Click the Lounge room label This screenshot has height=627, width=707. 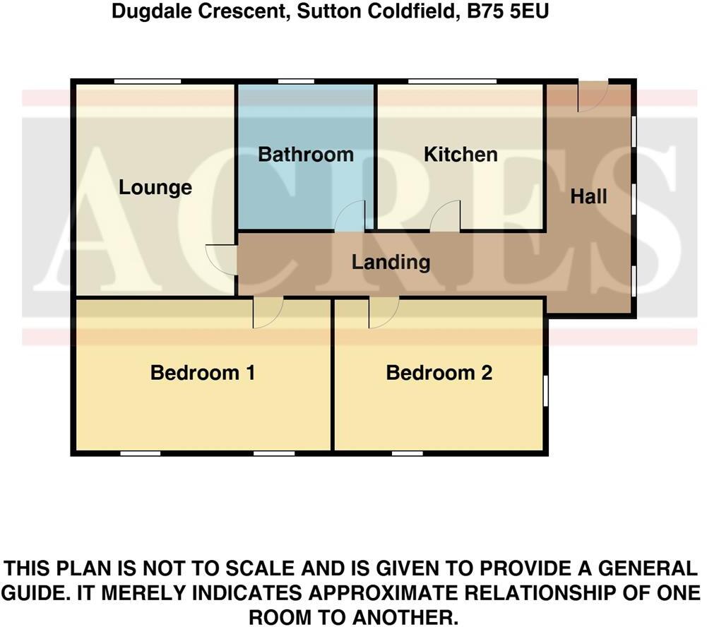155,188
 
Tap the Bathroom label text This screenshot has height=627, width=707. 305,155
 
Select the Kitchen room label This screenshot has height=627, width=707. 461,155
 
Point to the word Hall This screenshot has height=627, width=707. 588,196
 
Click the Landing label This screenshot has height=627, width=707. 391,263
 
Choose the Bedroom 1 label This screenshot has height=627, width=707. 203,373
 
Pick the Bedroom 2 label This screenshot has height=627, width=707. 439,373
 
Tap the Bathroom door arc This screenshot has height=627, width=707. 350,216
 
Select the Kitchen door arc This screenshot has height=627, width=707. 446,216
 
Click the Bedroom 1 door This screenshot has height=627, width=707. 268,312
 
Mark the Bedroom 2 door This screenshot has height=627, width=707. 383,312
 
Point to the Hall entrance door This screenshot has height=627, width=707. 592,96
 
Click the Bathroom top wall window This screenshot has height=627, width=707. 296,82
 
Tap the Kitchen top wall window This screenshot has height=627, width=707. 451,82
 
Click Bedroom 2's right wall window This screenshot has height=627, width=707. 545,390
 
